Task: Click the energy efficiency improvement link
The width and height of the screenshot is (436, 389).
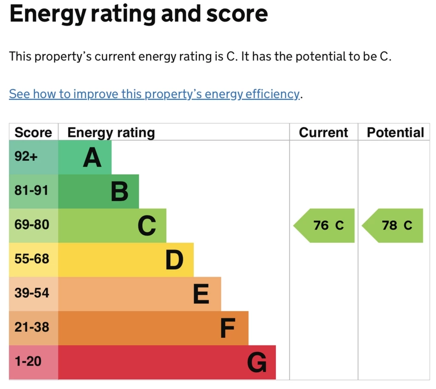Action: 154,94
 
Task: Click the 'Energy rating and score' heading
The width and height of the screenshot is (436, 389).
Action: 138,14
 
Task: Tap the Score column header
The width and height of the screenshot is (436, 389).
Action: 33,132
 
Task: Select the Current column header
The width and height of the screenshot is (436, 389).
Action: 324,132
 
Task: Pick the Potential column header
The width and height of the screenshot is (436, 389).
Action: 396,132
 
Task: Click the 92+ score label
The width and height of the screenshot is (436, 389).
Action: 26,156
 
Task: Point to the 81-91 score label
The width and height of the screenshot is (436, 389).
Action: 32,190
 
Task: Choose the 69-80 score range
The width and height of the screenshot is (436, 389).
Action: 32,224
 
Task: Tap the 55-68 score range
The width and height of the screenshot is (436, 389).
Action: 32,259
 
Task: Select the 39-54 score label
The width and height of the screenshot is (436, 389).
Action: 32,293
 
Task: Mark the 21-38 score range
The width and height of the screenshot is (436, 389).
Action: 32,327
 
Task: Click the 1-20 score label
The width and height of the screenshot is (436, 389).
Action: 28,361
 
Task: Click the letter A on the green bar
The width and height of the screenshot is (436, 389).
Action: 92,157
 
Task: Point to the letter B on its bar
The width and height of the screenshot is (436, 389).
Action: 120,192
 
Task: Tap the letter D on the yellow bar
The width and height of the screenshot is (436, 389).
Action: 174,260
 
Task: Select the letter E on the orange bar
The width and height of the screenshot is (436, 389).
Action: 201,294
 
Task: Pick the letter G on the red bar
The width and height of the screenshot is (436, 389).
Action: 257,362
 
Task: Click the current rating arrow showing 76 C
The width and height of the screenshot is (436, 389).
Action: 324,225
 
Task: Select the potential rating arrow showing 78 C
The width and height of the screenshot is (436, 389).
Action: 392,225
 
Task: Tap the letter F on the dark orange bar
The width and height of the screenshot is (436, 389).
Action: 228,328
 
